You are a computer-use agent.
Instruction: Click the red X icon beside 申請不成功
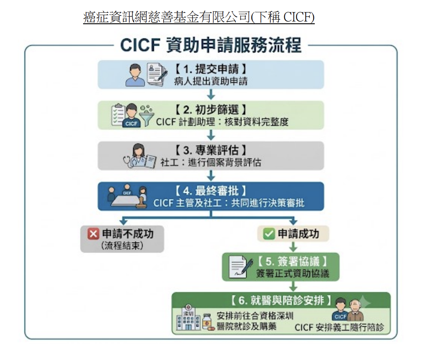click(x=93, y=234)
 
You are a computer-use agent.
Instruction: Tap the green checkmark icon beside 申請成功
click(x=269, y=234)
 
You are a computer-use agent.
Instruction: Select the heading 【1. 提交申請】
click(x=211, y=69)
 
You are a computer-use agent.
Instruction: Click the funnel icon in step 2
click(x=146, y=116)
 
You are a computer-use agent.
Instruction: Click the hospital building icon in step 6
click(x=189, y=318)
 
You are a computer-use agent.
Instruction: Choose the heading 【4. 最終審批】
click(x=211, y=191)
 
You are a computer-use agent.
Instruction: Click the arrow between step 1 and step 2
click(x=211, y=94)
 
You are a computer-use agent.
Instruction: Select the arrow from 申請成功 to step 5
click(x=293, y=247)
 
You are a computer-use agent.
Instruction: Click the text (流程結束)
click(x=122, y=246)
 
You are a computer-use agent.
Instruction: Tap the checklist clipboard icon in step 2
click(x=118, y=114)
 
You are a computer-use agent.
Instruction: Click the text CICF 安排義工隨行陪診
click(x=339, y=327)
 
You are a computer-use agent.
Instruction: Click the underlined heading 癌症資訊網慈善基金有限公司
click(x=167, y=17)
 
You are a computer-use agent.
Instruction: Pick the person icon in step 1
click(x=135, y=75)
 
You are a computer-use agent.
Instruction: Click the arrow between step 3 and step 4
click(x=211, y=175)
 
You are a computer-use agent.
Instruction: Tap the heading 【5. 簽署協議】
click(x=293, y=261)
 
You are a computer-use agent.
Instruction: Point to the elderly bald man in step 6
click(x=355, y=310)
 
